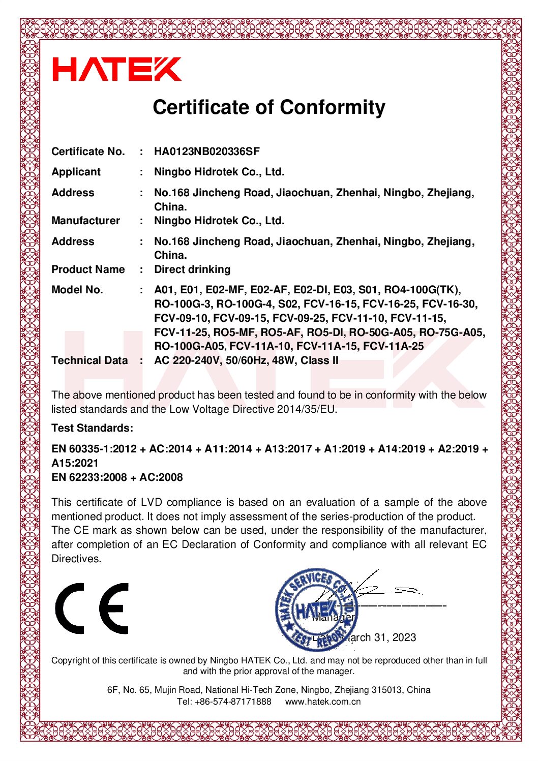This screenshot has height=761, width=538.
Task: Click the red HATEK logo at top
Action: pyautogui.click(x=117, y=69)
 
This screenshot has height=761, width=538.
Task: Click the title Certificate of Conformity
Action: pyautogui.click(x=269, y=107)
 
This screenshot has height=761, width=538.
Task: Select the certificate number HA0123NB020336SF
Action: pyautogui.click(x=207, y=151)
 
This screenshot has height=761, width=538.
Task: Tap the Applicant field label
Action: pyautogui.click(x=76, y=172)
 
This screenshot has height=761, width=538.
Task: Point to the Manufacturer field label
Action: pyautogui.click(x=85, y=221)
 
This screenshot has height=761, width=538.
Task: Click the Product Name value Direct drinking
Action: pyautogui.click(x=192, y=269)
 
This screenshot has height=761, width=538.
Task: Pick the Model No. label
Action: pyautogui.click(x=77, y=290)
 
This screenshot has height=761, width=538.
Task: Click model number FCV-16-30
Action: pyautogui.click(x=449, y=304)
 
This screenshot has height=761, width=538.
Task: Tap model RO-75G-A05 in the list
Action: pyautogui.click(x=452, y=332)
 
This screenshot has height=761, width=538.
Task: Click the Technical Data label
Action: pyautogui.click(x=89, y=360)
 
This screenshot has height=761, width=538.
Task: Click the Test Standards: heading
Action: pyautogui.click(x=92, y=428)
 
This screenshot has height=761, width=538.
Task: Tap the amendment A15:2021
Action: pyautogui.click(x=75, y=463)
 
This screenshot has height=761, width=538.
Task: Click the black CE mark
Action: pyautogui.click(x=92, y=608)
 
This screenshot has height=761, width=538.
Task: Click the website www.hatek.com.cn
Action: pyautogui.click(x=323, y=702)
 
